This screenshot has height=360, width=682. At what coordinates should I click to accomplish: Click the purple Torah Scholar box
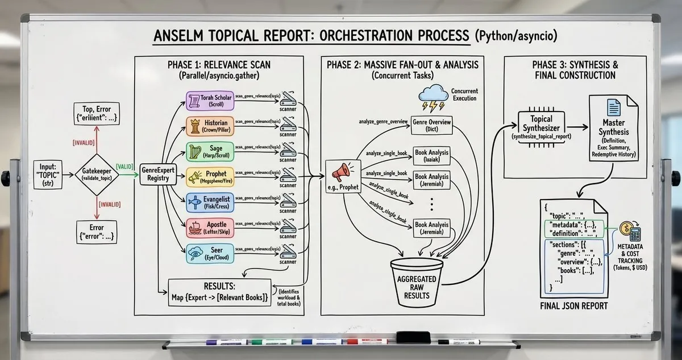pos(210,101)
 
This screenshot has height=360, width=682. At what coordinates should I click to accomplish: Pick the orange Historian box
pos(210,126)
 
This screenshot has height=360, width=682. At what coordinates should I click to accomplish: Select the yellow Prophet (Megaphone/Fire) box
pos(210,176)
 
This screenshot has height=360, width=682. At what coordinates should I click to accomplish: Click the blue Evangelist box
pos(210,202)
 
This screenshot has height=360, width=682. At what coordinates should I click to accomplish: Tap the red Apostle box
pos(210,227)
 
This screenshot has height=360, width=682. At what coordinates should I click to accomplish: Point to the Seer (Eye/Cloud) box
pos(210,252)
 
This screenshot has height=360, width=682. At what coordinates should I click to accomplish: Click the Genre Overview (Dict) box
pos(432,125)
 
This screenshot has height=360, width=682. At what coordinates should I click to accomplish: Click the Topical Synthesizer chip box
pos(537,126)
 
